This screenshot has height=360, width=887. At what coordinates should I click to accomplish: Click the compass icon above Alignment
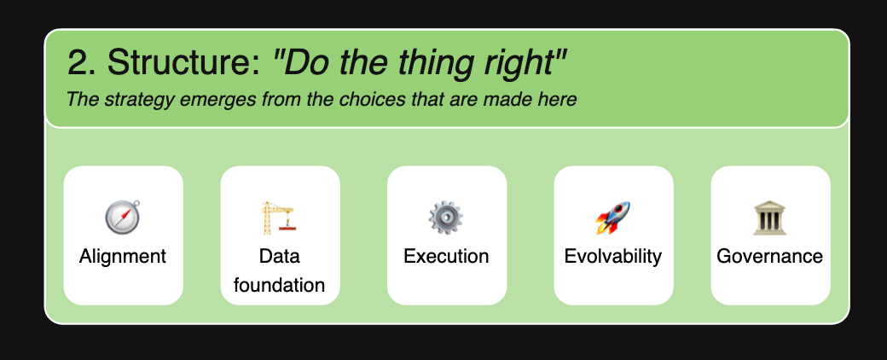click(123, 218)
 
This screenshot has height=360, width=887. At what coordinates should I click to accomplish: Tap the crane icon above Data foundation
click(278, 218)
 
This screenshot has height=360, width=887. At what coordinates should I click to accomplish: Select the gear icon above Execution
click(446, 218)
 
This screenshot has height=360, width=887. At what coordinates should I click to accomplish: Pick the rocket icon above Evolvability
click(612, 218)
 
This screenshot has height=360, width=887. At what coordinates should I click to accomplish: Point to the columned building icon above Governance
click(770, 218)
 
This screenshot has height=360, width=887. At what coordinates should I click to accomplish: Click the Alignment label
click(123, 257)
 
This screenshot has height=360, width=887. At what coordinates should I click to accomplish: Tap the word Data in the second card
click(280, 257)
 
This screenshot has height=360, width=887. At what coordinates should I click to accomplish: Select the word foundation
click(280, 285)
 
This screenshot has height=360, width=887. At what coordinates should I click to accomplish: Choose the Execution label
click(446, 257)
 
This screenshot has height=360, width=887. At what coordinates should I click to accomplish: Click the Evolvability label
click(613, 257)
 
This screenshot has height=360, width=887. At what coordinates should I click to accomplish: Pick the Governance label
click(770, 257)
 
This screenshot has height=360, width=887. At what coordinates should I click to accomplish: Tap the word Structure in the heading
click(183, 61)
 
